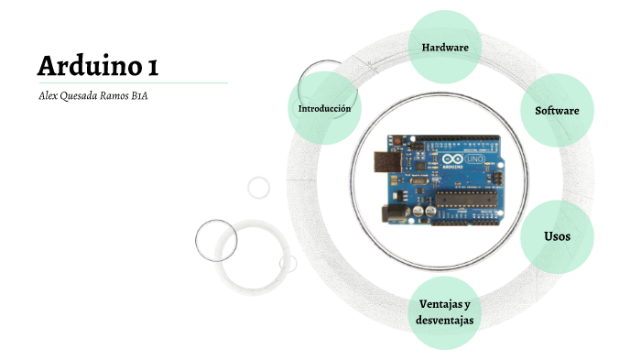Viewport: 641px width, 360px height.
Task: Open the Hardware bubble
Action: coord(445,47)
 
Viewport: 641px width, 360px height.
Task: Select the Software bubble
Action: coord(557,110)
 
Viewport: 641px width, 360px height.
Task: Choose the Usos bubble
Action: coord(557,236)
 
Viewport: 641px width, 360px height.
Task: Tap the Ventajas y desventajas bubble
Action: coord(444,311)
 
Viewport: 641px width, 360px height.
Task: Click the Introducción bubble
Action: coord(324,108)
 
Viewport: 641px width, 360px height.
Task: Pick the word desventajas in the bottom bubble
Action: coord(444,320)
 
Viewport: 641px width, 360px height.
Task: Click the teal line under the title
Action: coord(132,83)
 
